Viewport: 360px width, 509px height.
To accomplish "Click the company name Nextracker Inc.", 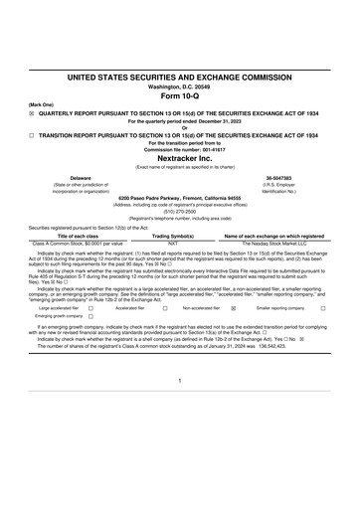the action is (180, 157).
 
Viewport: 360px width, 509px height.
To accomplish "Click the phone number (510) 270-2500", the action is (180, 211).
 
